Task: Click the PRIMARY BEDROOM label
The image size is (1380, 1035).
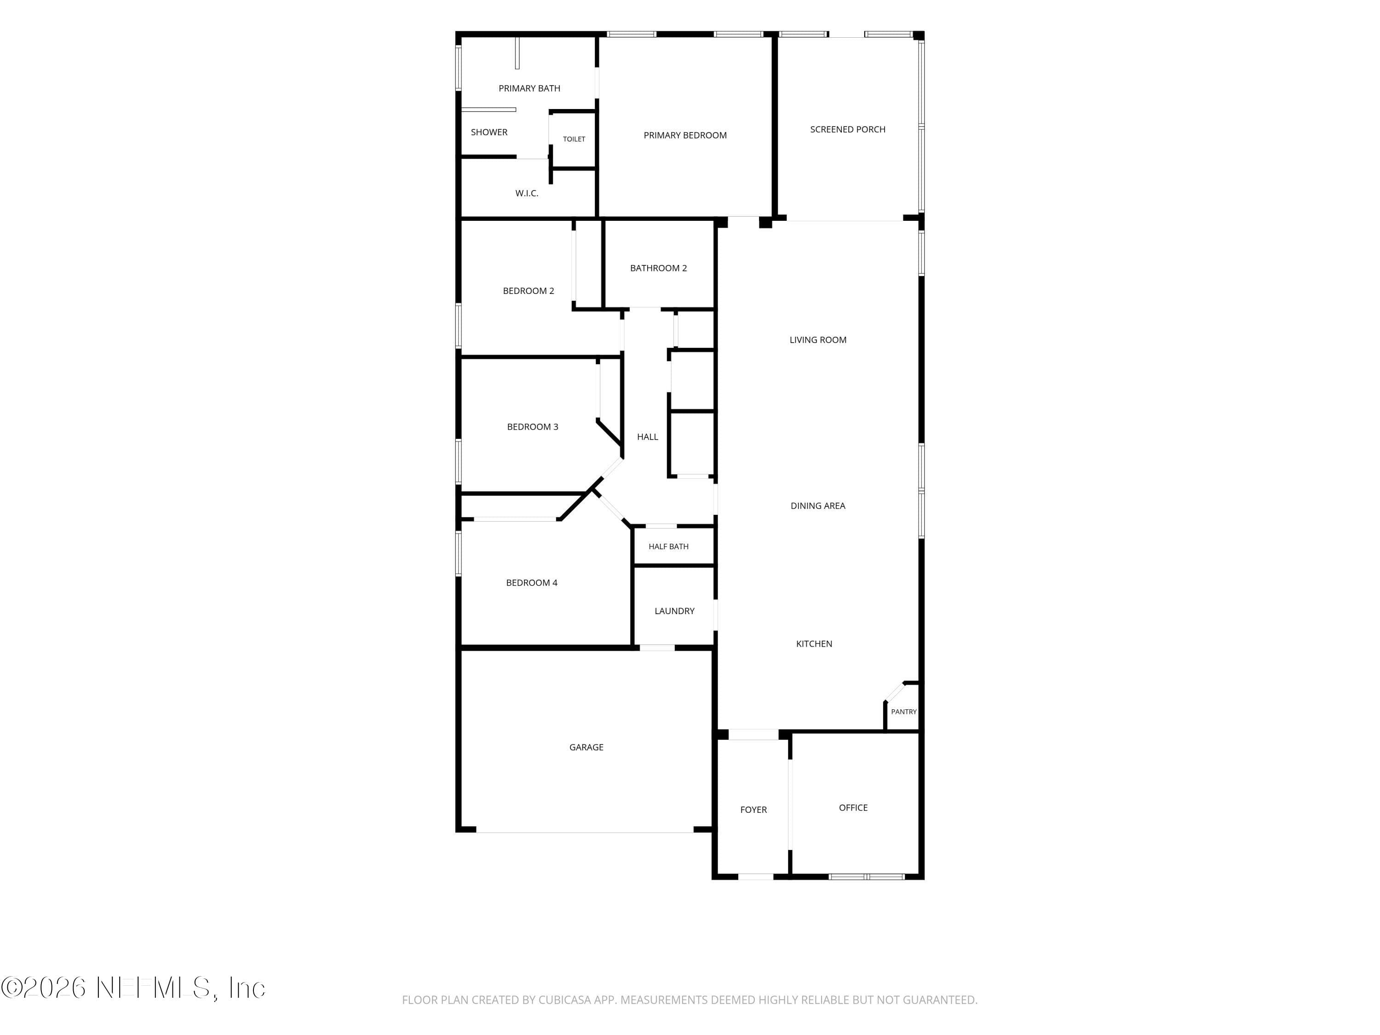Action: [685, 135]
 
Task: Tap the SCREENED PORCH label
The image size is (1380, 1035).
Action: [847, 130]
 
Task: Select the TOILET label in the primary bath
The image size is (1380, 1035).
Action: [574, 139]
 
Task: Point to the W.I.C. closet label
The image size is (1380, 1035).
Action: [527, 193]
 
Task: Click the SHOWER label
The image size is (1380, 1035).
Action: [489, 132]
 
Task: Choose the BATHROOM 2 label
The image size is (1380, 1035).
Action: [658, 268]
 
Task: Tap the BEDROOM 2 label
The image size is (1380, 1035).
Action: [529, 291]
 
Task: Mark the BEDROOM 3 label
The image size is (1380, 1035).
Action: [532, 427]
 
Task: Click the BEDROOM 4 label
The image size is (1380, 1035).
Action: [532, 583]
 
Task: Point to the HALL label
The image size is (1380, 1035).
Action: [648, 437]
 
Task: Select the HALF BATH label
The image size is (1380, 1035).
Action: [668, 546]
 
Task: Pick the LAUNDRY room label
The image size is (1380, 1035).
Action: [674, 611]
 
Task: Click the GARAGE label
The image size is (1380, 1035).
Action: [586, 747]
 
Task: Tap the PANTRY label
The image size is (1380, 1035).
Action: [903, 712]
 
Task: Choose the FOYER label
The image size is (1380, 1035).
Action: [753, 810]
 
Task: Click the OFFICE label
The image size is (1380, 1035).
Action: [853, 808]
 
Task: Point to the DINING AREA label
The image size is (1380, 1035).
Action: [817, 506]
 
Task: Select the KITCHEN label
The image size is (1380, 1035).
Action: [814, 644]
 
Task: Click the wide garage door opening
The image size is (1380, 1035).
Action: [585, 832]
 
